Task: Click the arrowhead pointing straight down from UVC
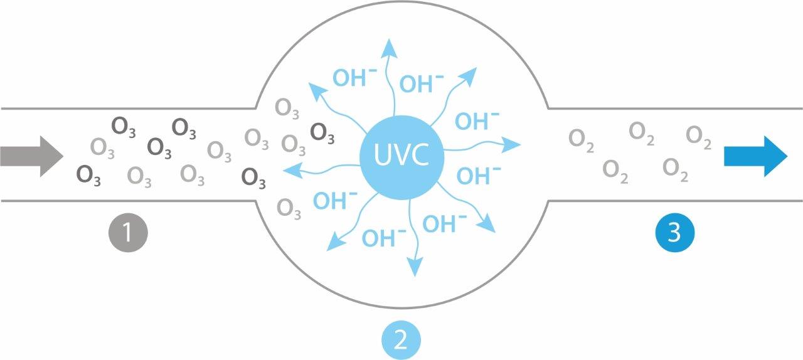click(x=415, y=268)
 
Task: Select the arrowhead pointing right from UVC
click(x=513, y=146)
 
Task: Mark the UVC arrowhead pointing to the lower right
click(x=487, y=226)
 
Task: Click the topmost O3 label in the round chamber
click(x=288, y=110)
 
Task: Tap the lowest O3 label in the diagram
click(x=289, y=208)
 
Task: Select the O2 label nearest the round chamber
click(x=582, y=139)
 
